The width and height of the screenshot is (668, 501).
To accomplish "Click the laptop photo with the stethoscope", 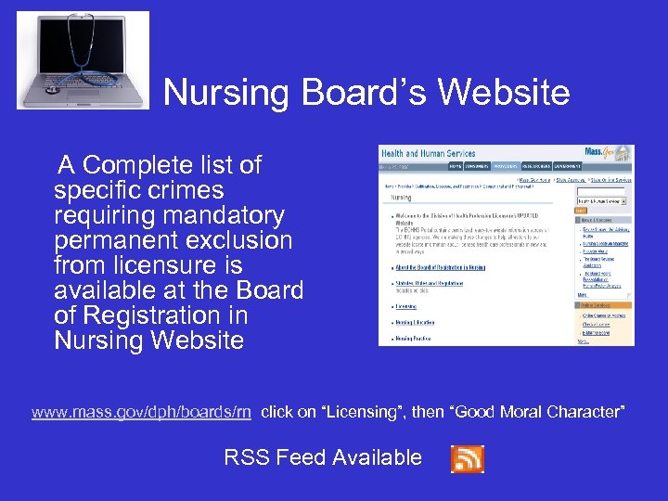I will pyautogui.click(x=83, y=60).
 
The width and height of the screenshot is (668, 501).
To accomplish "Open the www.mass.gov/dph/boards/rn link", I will pyautogui.click(x=141, y=412).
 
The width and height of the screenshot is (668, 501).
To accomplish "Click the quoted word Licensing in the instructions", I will pyautogui.click(x=375, y=412).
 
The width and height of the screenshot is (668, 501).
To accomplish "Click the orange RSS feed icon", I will pyautogui.click(x=467, y=458).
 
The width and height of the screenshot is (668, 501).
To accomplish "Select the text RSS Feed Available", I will pyautogui.click(x=323, y=457).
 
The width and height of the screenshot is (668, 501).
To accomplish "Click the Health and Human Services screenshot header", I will pyautogui.click(x=428, y=154).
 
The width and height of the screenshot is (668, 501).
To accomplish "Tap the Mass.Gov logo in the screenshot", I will pyautogui.click(x=611, y=154).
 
